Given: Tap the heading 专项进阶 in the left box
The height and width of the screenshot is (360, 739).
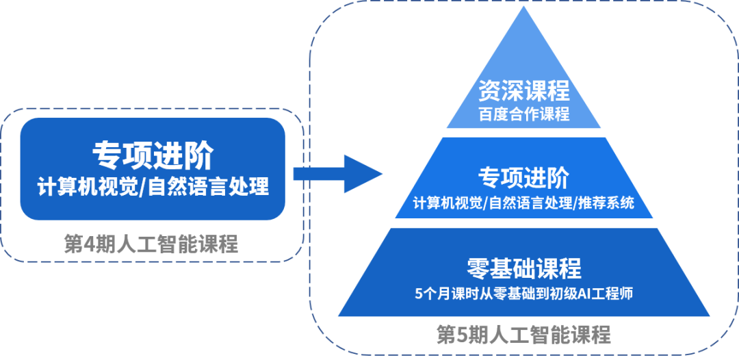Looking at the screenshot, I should pos(152,156).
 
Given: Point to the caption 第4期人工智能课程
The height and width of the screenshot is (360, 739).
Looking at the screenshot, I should pos(151,244).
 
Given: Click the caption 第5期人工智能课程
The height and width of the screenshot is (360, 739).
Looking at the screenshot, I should pos(523,335).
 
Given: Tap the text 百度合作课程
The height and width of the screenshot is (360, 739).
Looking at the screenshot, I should pos(524,114).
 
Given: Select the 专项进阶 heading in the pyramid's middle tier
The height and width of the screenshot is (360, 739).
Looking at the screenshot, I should pos(523,179).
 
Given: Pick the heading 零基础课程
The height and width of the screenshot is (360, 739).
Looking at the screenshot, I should pos(523,268).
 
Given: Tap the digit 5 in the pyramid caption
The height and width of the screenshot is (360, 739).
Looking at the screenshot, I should pos(465,335).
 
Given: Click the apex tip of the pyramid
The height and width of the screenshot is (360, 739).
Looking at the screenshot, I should pos(524,8).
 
